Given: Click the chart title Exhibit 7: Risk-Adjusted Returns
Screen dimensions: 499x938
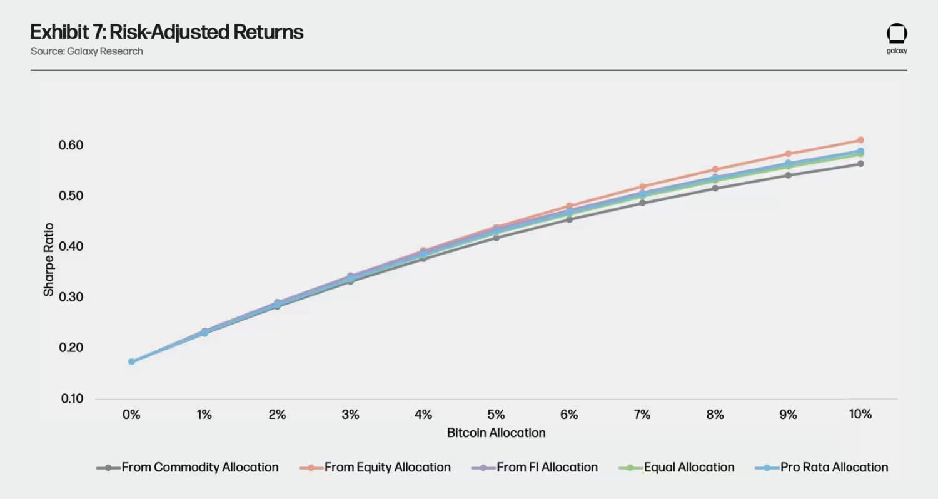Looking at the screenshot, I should point(167,32).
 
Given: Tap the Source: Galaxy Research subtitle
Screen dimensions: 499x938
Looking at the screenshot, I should point(86,51).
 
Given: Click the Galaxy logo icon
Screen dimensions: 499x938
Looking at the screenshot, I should point(897,34).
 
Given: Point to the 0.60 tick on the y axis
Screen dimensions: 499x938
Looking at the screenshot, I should point(72,145).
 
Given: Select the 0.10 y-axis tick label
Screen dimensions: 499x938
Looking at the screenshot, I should point(72,398).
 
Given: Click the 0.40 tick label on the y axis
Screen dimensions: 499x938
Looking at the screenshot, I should point(72,246).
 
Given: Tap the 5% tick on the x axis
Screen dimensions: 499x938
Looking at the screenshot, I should point(496,415).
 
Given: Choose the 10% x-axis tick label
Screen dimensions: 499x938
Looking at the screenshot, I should point(860,415).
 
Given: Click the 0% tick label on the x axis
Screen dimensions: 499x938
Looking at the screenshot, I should point(131,415).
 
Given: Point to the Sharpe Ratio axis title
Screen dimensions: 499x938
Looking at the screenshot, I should point(49,260).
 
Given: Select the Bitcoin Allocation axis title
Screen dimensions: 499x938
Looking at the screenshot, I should point(496,433).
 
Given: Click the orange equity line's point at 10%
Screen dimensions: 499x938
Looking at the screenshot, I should point(860,140).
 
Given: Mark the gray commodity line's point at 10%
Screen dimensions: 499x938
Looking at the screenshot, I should point(860,164).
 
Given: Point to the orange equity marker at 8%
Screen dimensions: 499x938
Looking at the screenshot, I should point(715,169).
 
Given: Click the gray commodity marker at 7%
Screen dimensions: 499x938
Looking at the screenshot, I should point(642,203).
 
